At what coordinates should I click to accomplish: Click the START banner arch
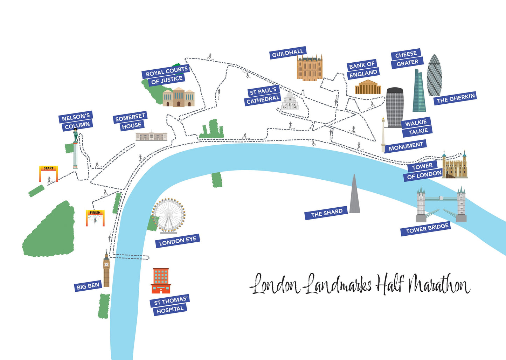[x=48, y=173]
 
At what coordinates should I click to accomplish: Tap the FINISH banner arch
[x=95, y=217]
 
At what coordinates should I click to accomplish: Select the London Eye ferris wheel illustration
[x=169, y=215]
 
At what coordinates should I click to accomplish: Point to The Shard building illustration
[x=354, y=196]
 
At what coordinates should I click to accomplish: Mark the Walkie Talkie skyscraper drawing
[x=395, y=107]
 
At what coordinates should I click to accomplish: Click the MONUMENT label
[x=406, y=146]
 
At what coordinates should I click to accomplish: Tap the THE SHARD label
[x=327, y=213]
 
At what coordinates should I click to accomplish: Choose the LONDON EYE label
[x=178, y=241]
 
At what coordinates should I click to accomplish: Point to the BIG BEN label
[x=88, y=286]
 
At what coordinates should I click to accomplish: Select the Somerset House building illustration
[x=151, y=136]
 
